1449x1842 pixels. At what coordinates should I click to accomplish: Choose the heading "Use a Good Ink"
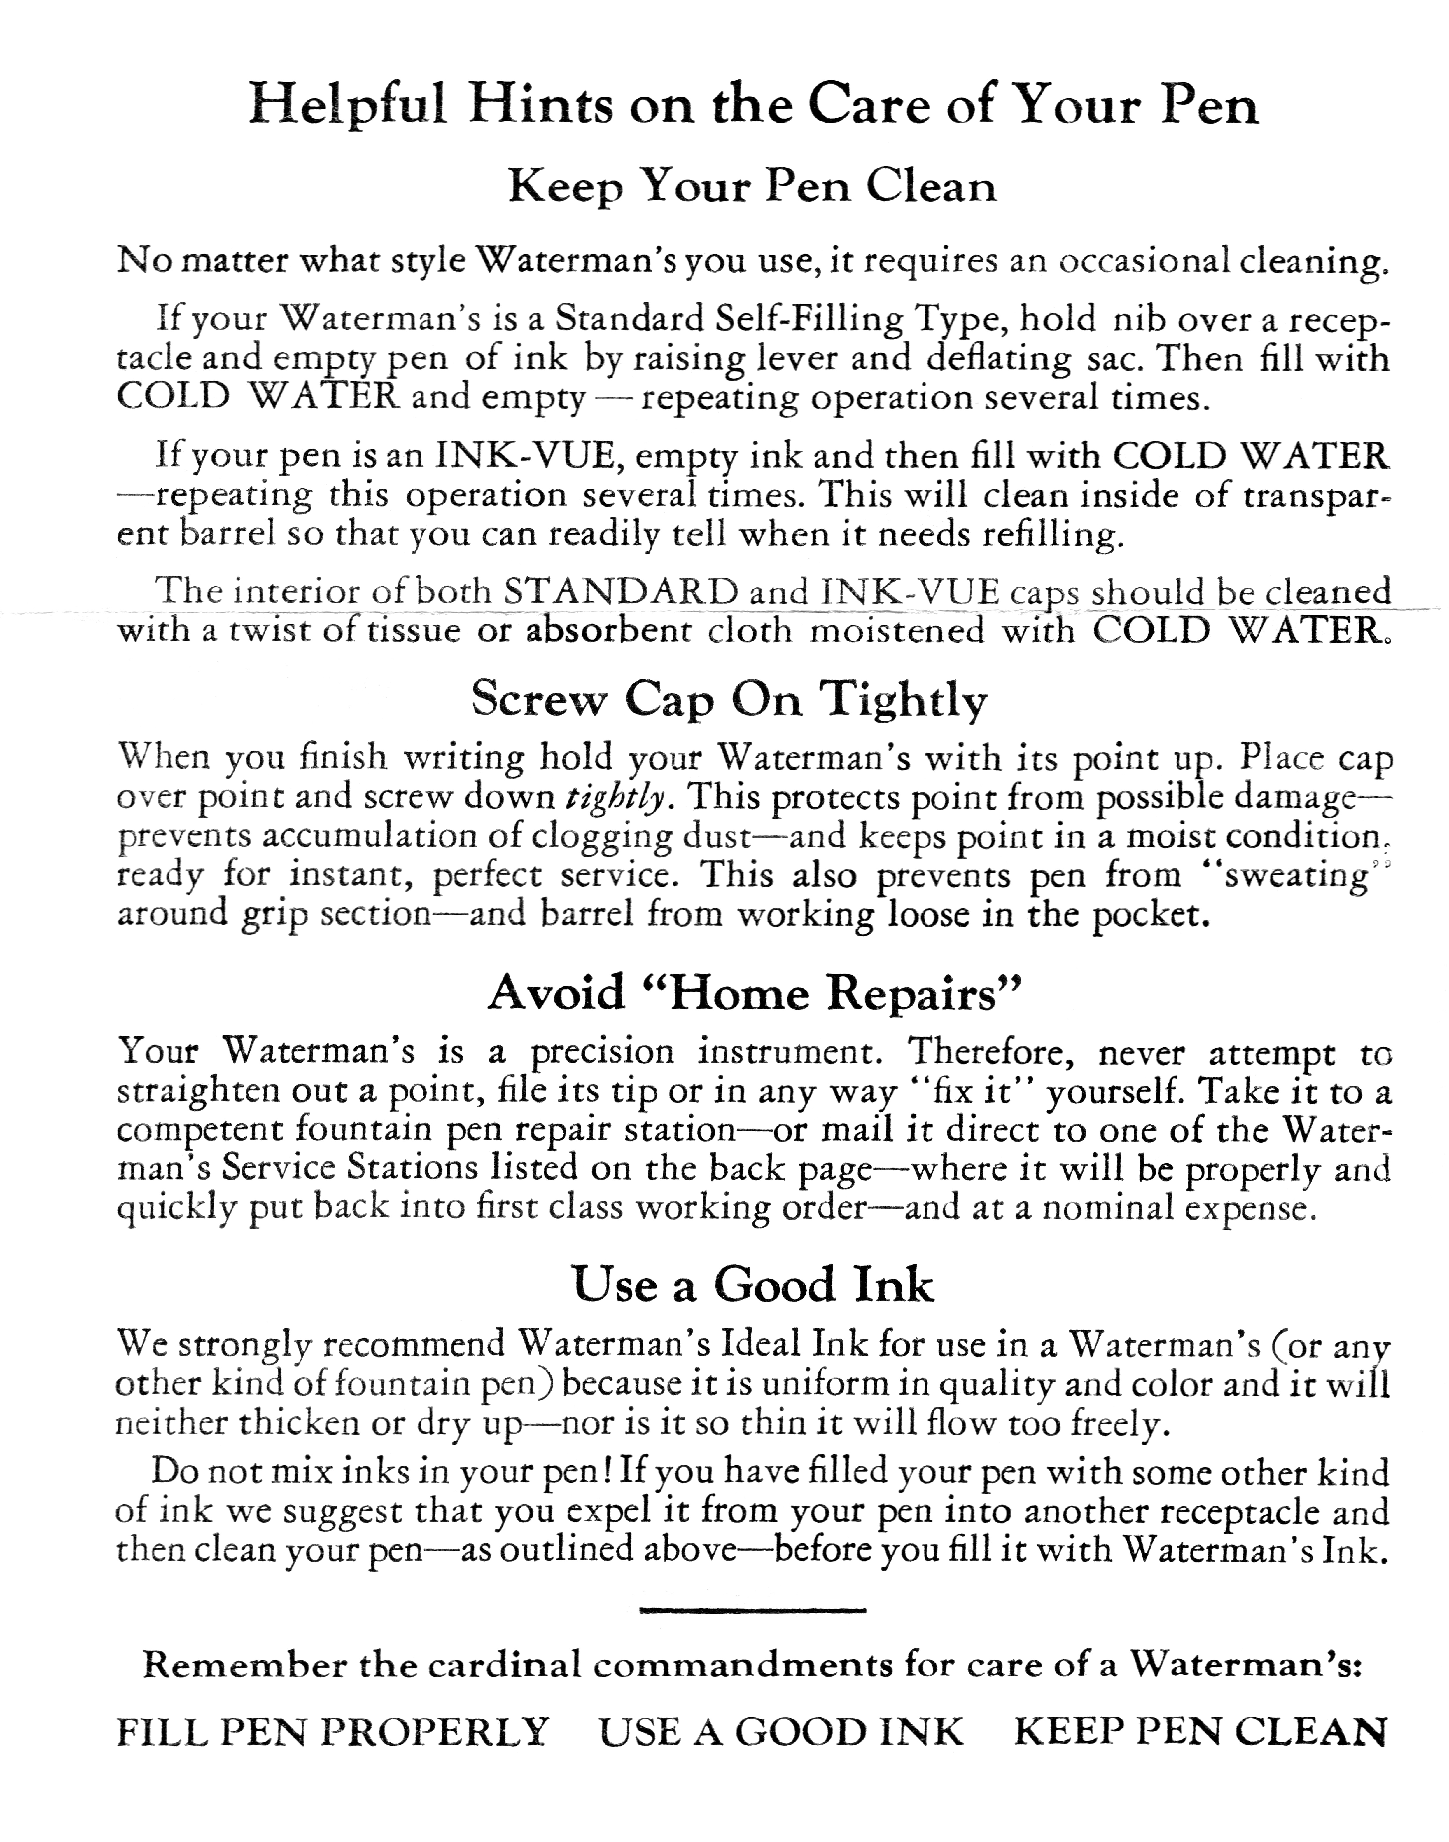pyautogui.click(x=752, y=1284)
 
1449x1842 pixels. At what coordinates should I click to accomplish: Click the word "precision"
pyautogui.click(x=602, y=1053)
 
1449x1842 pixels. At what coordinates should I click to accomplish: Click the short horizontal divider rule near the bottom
pyautogui.click(x=752, y=1609)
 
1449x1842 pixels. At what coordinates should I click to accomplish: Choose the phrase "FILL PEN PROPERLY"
pyautogui.click(x=332, y=1732)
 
